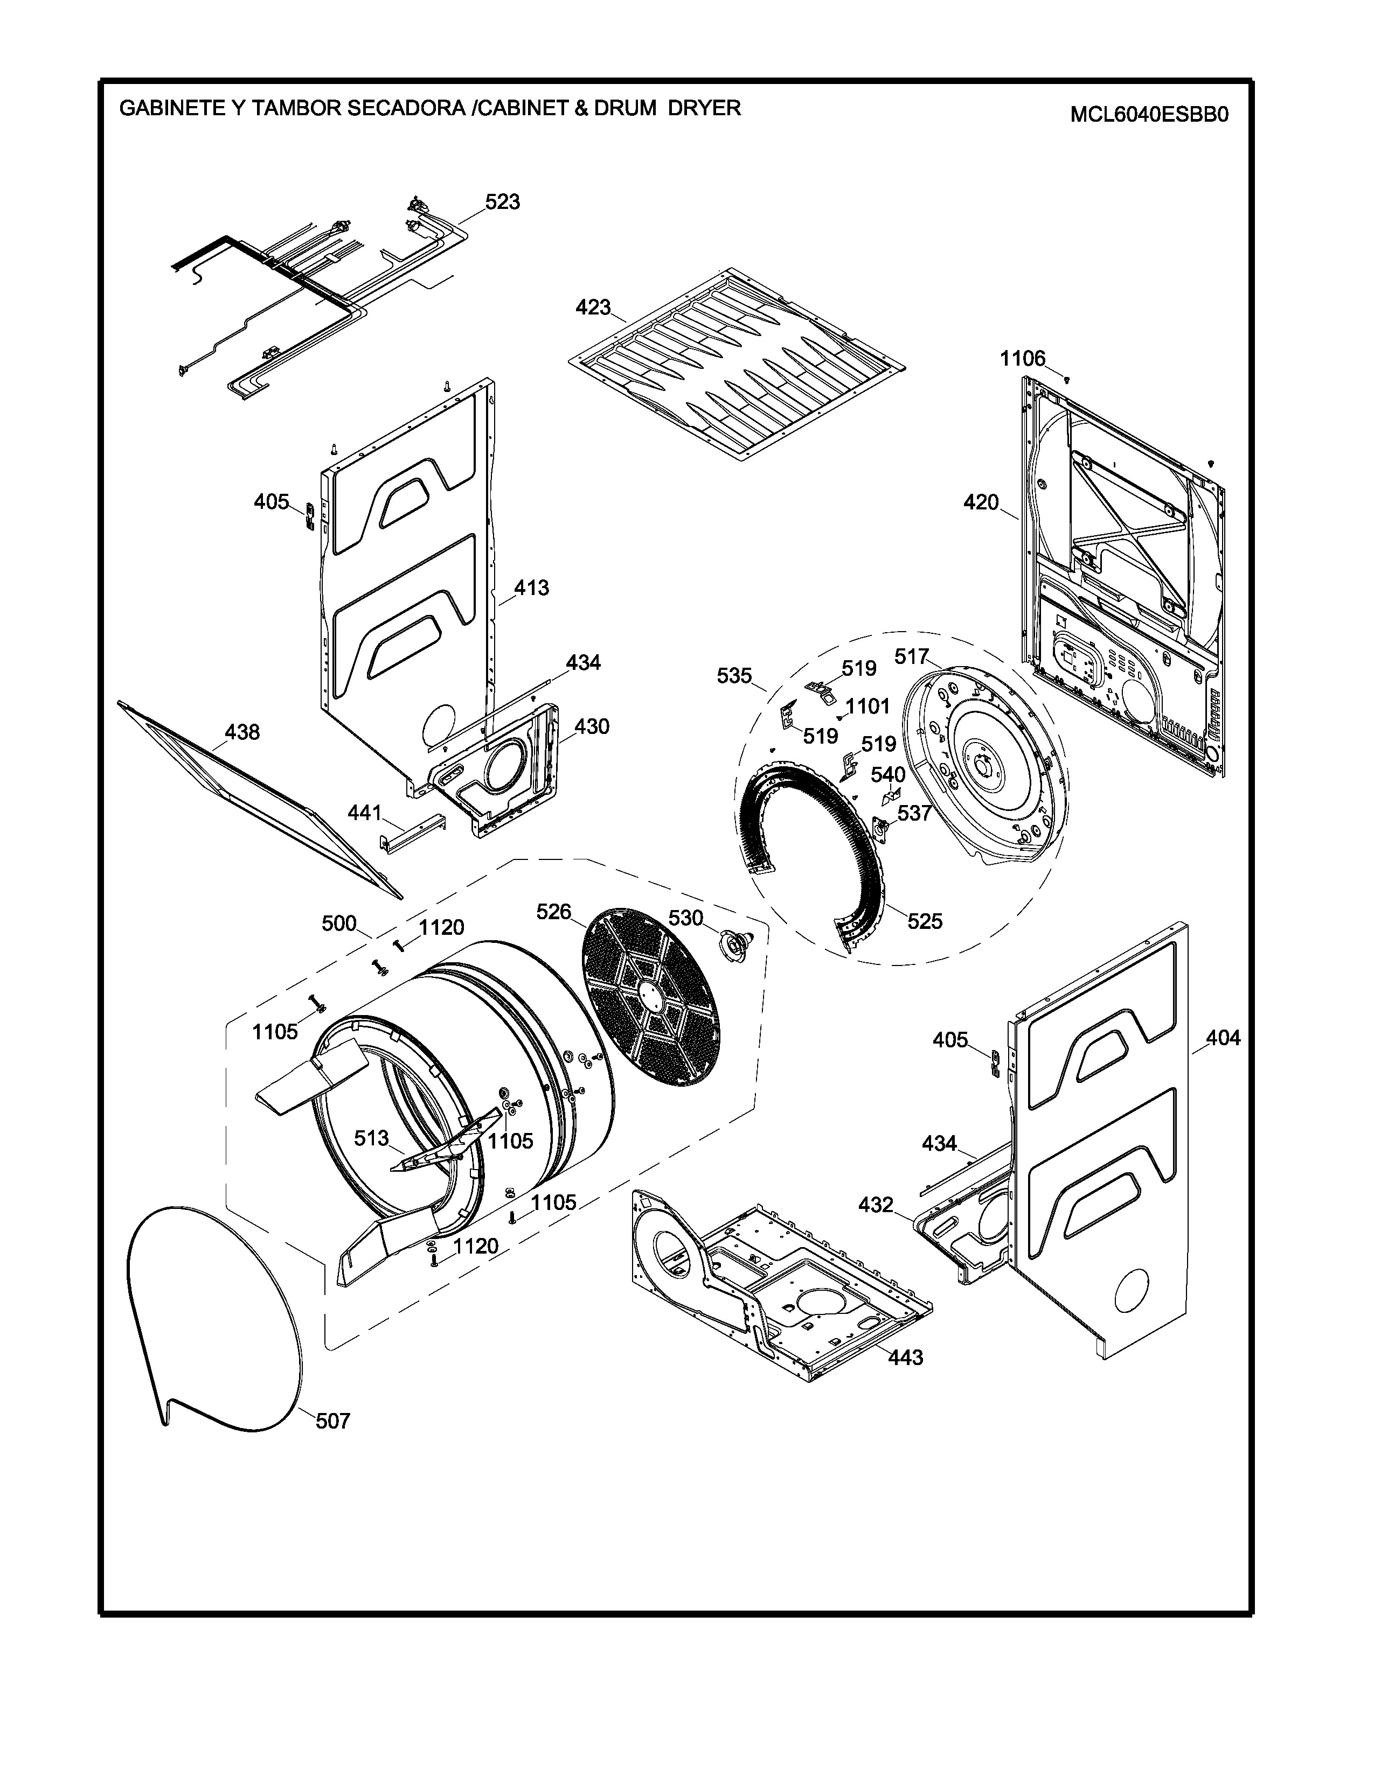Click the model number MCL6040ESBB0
coord(1149,114)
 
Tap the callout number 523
coord(502,202)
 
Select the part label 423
coord(593,307)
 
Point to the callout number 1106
coord(1022,358)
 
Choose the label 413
coord(531,587)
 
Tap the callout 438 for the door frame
coord(242,732)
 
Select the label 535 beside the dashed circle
coord(734,675)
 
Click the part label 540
coord(888,774)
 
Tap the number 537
coord(914,812)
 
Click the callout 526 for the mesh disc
coord(553,912)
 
